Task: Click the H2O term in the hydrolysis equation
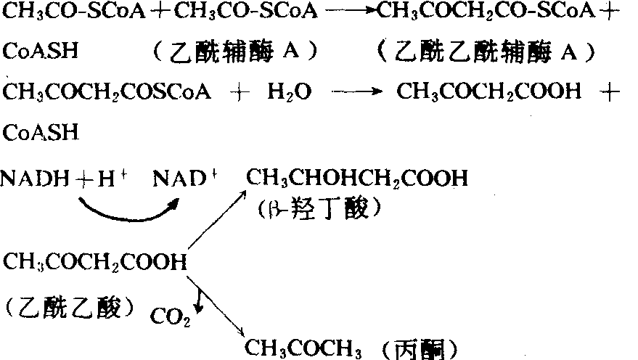click(287, 94)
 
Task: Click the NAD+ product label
click(182, 179)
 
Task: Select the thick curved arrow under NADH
click(124, 209)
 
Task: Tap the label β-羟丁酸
click(319, 210)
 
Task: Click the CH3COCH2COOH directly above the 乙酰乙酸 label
click(95, 263)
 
